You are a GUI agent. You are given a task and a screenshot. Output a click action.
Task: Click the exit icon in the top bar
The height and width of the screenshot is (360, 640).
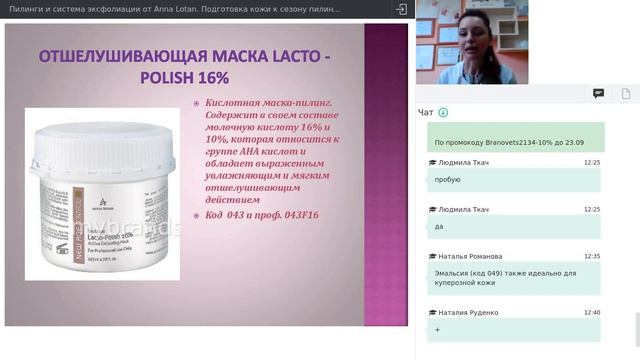[401, 9]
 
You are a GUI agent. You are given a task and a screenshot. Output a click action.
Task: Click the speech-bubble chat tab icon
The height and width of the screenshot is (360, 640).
[598, 93]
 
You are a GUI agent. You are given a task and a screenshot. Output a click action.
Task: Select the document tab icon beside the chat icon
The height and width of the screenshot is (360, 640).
[622, 93]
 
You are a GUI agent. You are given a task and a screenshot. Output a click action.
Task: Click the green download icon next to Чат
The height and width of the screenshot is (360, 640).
[443, 113]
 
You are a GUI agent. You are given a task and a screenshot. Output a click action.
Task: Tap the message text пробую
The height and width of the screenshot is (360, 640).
[447, 180]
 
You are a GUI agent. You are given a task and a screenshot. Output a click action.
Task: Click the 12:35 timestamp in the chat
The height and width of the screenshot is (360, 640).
[592, 256]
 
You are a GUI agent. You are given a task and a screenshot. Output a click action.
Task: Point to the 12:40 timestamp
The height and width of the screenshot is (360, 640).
[592, 312]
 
